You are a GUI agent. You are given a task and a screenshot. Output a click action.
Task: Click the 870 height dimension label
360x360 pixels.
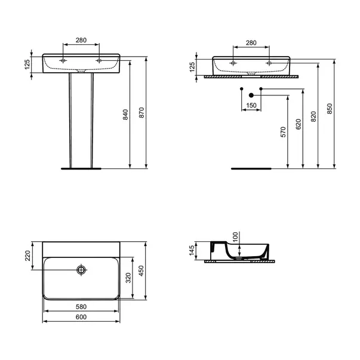(x=141, y=112)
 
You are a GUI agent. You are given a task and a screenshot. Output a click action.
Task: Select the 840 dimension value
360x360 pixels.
(x=125, y=115)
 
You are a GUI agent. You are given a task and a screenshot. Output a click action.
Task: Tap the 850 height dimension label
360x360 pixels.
(x=330, y=109)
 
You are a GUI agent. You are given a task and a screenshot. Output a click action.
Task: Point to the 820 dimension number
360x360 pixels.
(x=313, y=116)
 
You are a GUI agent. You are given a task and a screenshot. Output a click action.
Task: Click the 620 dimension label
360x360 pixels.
(x=299, y=124)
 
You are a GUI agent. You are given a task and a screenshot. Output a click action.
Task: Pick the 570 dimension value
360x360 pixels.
(x=284, y=132)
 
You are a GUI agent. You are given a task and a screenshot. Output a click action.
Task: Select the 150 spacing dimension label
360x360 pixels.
(x=251, y=106)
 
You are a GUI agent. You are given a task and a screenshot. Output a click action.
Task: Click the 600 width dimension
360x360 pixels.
(x=81, y=317)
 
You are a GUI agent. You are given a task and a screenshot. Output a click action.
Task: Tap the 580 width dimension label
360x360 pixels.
(x=81, y=307)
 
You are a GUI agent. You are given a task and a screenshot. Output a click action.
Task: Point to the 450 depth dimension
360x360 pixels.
(x=141, y=270)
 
